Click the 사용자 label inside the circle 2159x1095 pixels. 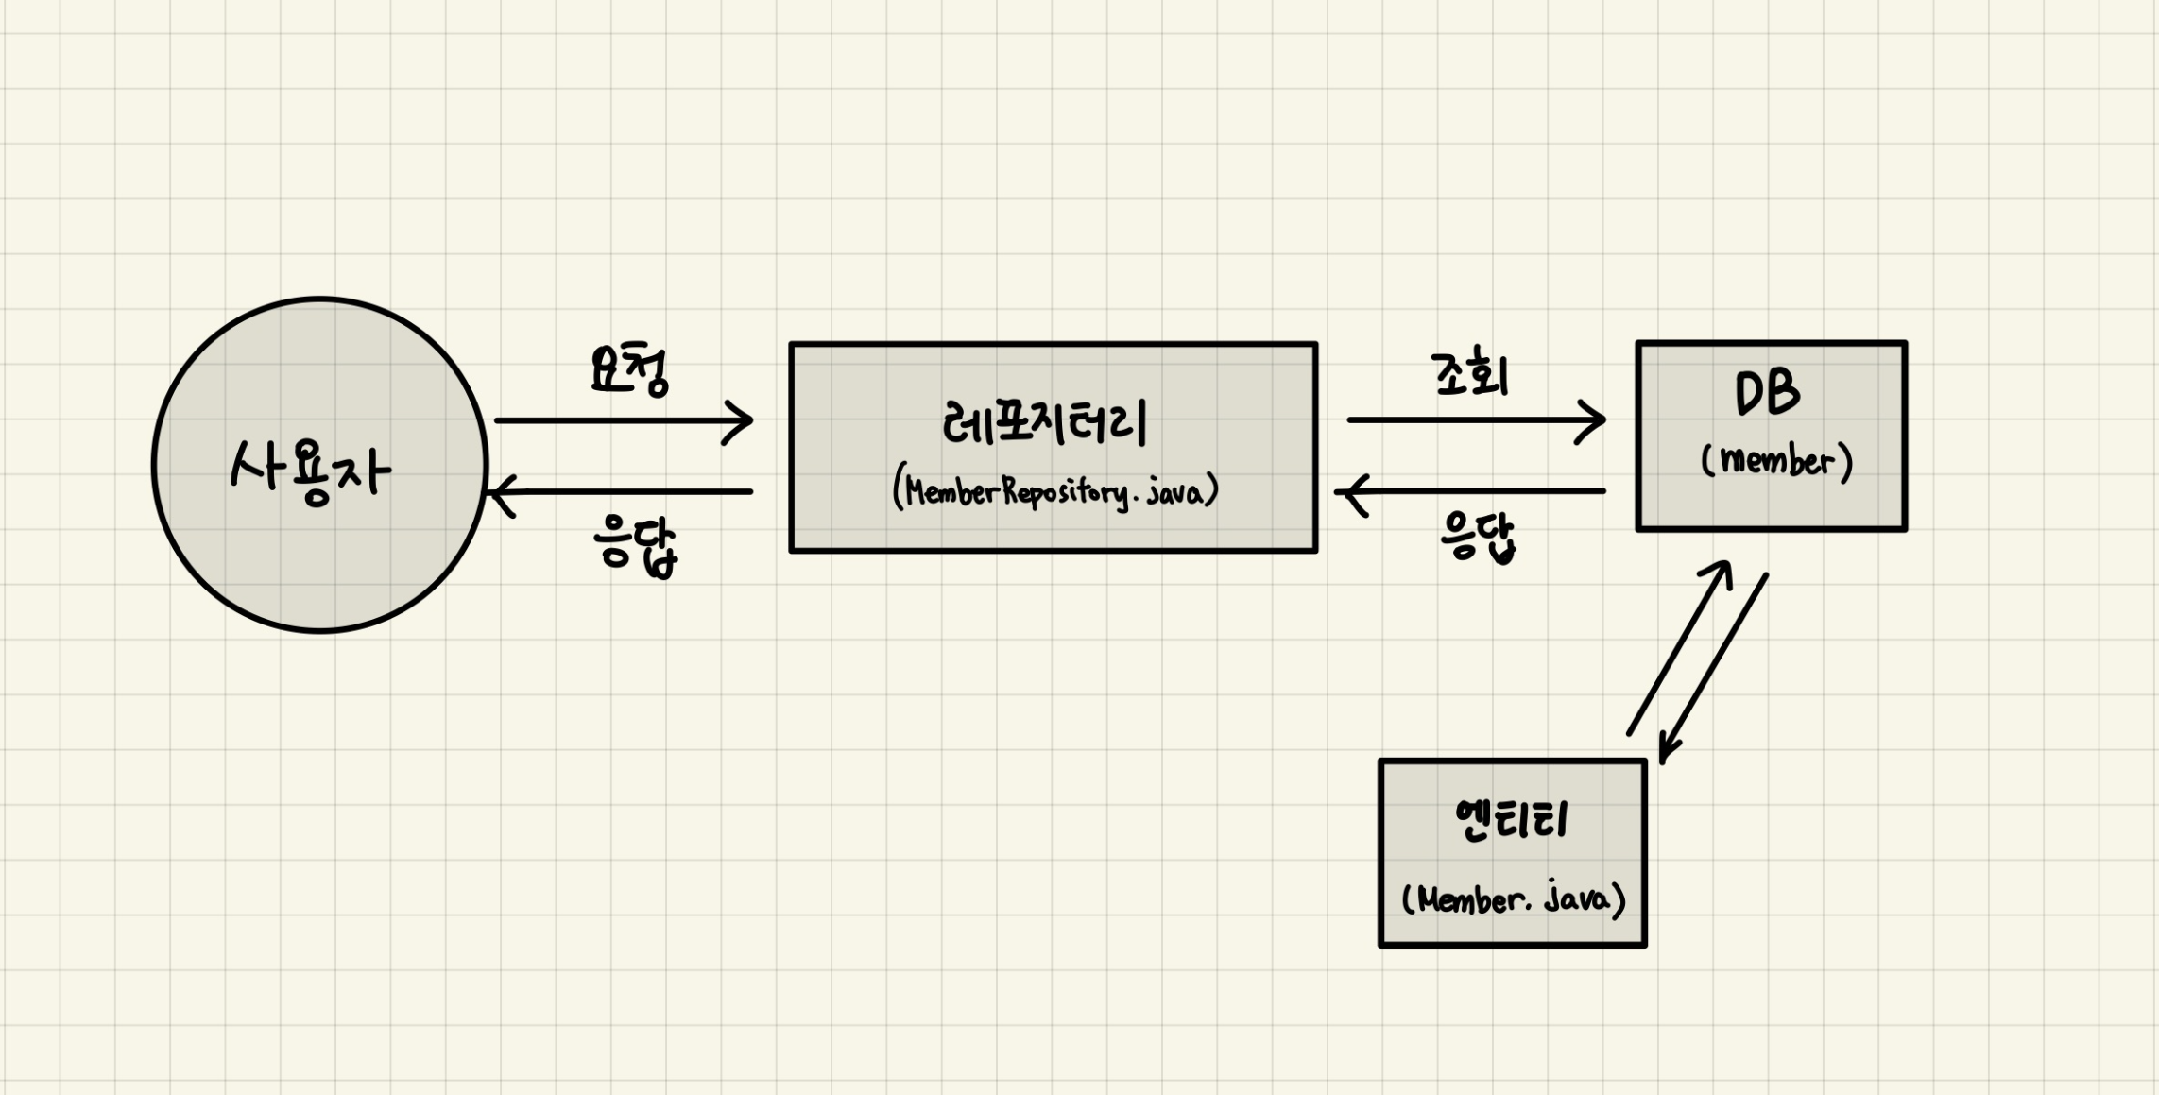tap(311, 470)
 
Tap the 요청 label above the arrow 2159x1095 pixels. tap(629, 370)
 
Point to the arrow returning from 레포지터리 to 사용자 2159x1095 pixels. tap(624, 491)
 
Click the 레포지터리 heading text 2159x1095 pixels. tap(1045, 423)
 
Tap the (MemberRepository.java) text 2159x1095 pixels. tap(1055, 491)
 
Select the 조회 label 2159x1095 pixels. tap(1470, 375)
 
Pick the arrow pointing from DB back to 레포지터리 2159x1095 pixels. tap(1474, 491)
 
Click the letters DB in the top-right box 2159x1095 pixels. tap(1767, 393)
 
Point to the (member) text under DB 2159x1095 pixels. tap(1776, 461)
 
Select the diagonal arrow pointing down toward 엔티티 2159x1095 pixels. tap(1714, 667)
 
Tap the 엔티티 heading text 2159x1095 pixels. tap(1513, 819)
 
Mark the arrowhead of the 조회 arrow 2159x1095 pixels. tap(1594, 420)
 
